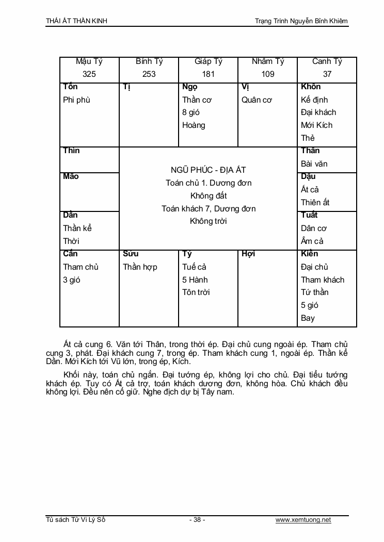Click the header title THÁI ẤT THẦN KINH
tap(76, 21)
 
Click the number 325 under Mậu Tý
tap(89, 74)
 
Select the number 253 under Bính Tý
tap(149, 74)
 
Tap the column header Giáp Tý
tap(209, 61)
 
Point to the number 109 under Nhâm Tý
tap(268, 74)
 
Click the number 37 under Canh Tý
tap(327, 74)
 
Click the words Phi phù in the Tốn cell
tap(76, 100)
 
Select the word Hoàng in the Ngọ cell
tap(194, 125)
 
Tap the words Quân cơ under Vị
tap(257, 100)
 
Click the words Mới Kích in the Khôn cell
tap(316, 125)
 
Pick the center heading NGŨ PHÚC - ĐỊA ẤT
tap(209, 170)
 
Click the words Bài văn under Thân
tap(314, 163)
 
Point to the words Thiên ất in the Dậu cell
tap(315, 202)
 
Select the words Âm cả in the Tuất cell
tap(312, 241)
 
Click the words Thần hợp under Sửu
tap(140, 267)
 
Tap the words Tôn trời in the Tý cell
tap(196, 292)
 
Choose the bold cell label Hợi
tap(248, 254)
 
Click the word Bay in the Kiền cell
tap(308, 318)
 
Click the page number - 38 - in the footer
tap(197, 520)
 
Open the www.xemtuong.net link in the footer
tap(303, 520)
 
